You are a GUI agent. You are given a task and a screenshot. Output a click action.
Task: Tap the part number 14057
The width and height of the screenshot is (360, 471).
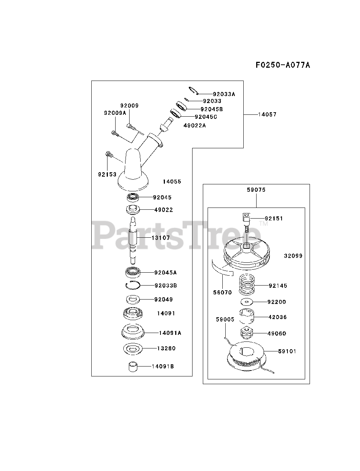[267, 114]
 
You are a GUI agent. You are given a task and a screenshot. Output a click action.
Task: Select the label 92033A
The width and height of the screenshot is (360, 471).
[223, 94]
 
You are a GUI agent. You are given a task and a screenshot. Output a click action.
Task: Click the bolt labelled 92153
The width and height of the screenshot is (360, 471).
[109, 155]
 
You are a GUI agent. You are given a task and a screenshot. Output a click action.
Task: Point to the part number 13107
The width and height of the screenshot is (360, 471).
[160, 238]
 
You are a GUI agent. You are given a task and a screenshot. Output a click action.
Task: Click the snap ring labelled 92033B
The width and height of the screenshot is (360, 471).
[132, 285]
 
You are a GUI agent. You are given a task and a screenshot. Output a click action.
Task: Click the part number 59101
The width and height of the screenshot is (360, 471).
[287, 351]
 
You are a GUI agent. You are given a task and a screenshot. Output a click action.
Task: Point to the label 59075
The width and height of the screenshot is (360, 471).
[256, 190]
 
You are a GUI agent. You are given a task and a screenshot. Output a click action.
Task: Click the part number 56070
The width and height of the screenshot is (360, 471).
[222, 293]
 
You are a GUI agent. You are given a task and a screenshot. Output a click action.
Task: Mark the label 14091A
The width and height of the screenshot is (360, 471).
[170, 333]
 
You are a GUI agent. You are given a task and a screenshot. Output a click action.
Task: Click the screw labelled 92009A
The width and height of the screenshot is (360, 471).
[115, 132]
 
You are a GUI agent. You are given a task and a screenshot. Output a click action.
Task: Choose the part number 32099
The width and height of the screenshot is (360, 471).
[293, 255]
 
